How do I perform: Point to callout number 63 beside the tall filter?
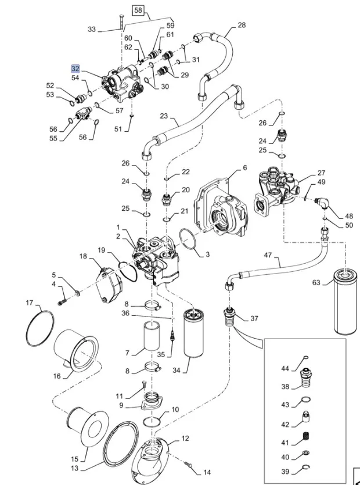316,283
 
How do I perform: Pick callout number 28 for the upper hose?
242,25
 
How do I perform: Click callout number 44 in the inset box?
285,369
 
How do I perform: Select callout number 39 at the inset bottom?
285,472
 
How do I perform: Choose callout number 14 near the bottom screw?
207,472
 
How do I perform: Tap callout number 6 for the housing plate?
244,167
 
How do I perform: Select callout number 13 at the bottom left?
74,468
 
